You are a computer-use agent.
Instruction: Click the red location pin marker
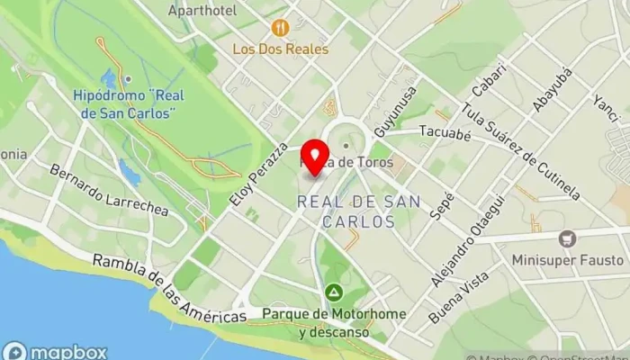pos(314,157)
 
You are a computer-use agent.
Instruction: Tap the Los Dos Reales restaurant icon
pos(280,28)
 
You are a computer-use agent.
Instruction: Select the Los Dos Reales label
pos(280,49)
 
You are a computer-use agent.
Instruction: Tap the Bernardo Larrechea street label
pos(109,189)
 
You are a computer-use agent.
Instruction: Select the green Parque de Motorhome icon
pos(333,292)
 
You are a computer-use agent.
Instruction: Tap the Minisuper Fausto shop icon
pos(567,238)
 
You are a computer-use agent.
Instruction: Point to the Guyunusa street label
pos(397,112)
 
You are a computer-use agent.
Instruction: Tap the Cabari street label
pos(483,83)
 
